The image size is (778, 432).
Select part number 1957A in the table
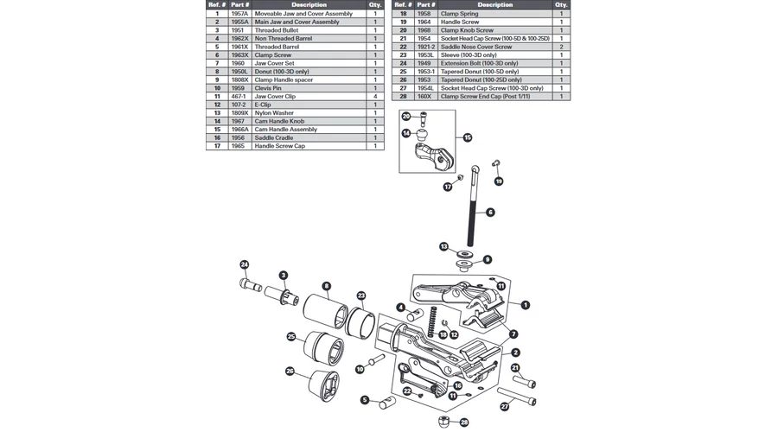(x=239, y=14)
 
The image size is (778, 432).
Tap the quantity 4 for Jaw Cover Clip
(x=375, y=97)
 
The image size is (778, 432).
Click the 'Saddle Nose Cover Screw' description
(x=475, y=47)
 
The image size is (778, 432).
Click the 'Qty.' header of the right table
(x=561, y=5)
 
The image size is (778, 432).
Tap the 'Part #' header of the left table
(x=239, y=5)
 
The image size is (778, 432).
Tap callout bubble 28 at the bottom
(x=464, y=422)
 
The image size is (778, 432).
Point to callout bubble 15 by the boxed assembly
(x=468, y=137)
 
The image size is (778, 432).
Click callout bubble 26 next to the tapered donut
(x=290, y=372)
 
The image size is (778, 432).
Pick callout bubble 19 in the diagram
(x=499, y=181)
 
